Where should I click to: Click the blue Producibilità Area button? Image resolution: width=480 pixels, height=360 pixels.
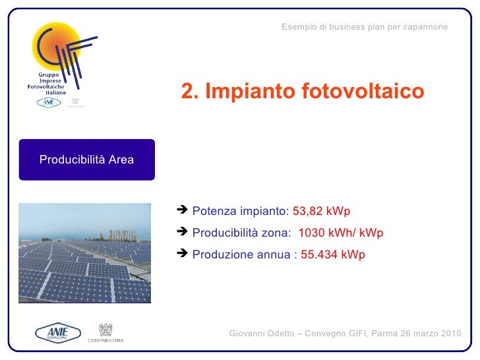[86, 160]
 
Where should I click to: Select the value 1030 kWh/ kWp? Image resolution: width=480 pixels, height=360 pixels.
[341, 233]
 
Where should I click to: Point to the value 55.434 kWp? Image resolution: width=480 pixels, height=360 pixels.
[332, 255]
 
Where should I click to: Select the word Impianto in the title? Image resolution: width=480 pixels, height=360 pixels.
[248, 92]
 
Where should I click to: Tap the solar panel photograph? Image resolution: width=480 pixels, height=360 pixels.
[84, 253]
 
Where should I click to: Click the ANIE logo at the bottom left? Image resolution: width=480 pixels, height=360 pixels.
[57, 333]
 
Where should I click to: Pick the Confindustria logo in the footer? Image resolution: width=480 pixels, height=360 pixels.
[105, 333]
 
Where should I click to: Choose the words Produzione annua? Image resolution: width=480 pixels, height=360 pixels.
[242, 255]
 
